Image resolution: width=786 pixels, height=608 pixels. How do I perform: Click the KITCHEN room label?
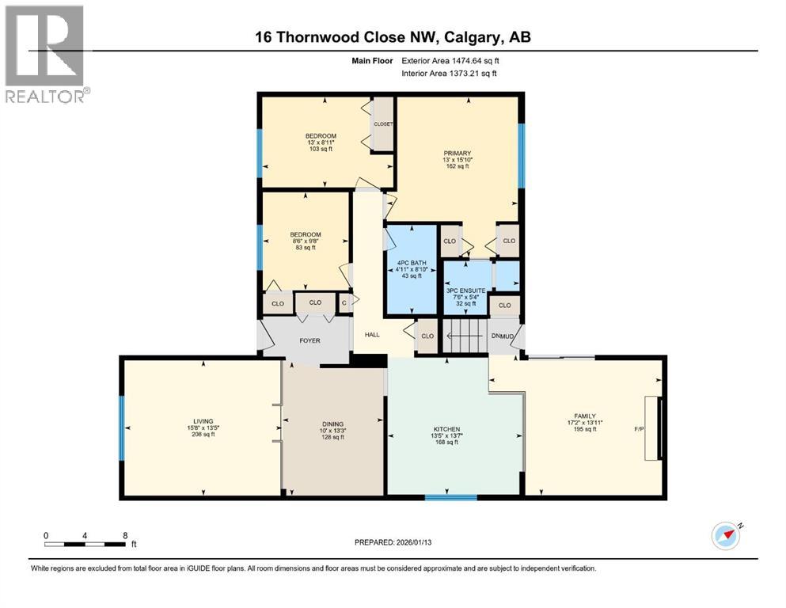pyautogui.click(x=446, y=429)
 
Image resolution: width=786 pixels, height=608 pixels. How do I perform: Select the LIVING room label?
pyautogui.click(x=203, y=421)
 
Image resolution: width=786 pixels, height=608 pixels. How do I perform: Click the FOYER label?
pyautogui.click(x=309, y=341)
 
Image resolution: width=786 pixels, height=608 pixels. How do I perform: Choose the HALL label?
pyautogui.click(x=372, y=335)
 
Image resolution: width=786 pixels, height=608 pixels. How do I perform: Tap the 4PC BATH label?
pyautogui.click(x=410, y=261)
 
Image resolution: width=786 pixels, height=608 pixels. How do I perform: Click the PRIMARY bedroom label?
pyautogui.click(x=457, y=153)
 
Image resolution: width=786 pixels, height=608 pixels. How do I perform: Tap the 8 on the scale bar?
pyautogui.click(x=125, y=535)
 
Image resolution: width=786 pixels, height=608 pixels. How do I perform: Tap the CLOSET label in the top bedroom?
pyautogui.click(x=383, y=124)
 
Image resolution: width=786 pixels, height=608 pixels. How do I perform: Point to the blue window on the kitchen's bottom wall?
pyautogui.click(x=445, y=497)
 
